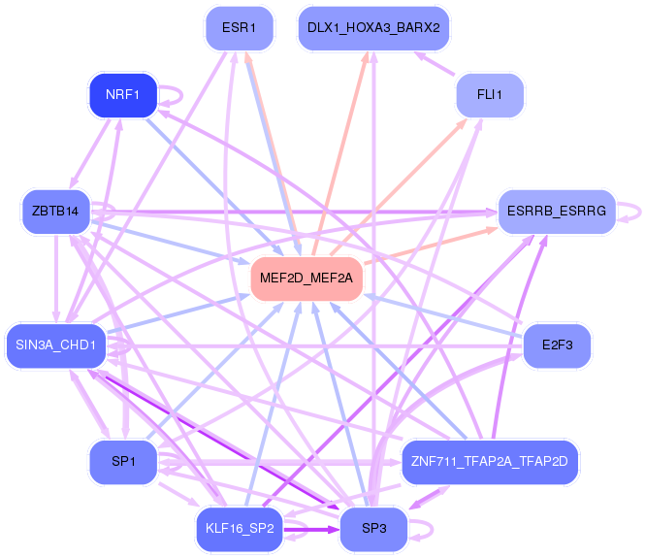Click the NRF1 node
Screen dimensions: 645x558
(x=123, y=95)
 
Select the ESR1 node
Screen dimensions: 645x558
(x=239, y=28)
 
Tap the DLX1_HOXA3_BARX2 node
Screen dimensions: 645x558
(x=373, y=28)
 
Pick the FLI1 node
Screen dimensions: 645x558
(x=490, y=95)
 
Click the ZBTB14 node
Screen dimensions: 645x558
(x=56, y=212)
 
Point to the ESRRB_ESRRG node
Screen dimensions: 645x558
(x=557, y=212)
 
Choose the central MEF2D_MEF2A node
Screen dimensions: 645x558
(x=306, y=279)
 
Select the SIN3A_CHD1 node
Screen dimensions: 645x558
(x=56, y=345)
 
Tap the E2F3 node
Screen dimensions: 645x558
(x=557, y=345)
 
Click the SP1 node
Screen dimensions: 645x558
(x=123, y=462)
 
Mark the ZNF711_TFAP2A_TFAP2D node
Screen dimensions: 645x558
(x=490, y=462)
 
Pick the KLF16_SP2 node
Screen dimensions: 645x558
(x=240, y=529)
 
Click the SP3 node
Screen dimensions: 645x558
(x=373, y=529)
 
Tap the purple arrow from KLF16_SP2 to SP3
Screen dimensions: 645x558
(x=311, y=529)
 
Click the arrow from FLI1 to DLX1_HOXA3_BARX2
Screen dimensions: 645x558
(x=435, y=63)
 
